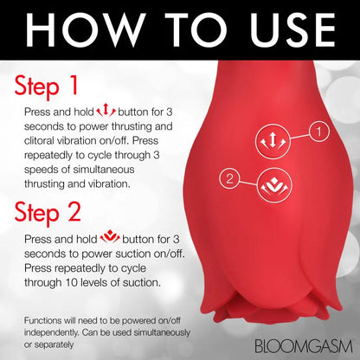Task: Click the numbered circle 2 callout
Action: (228, 179)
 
